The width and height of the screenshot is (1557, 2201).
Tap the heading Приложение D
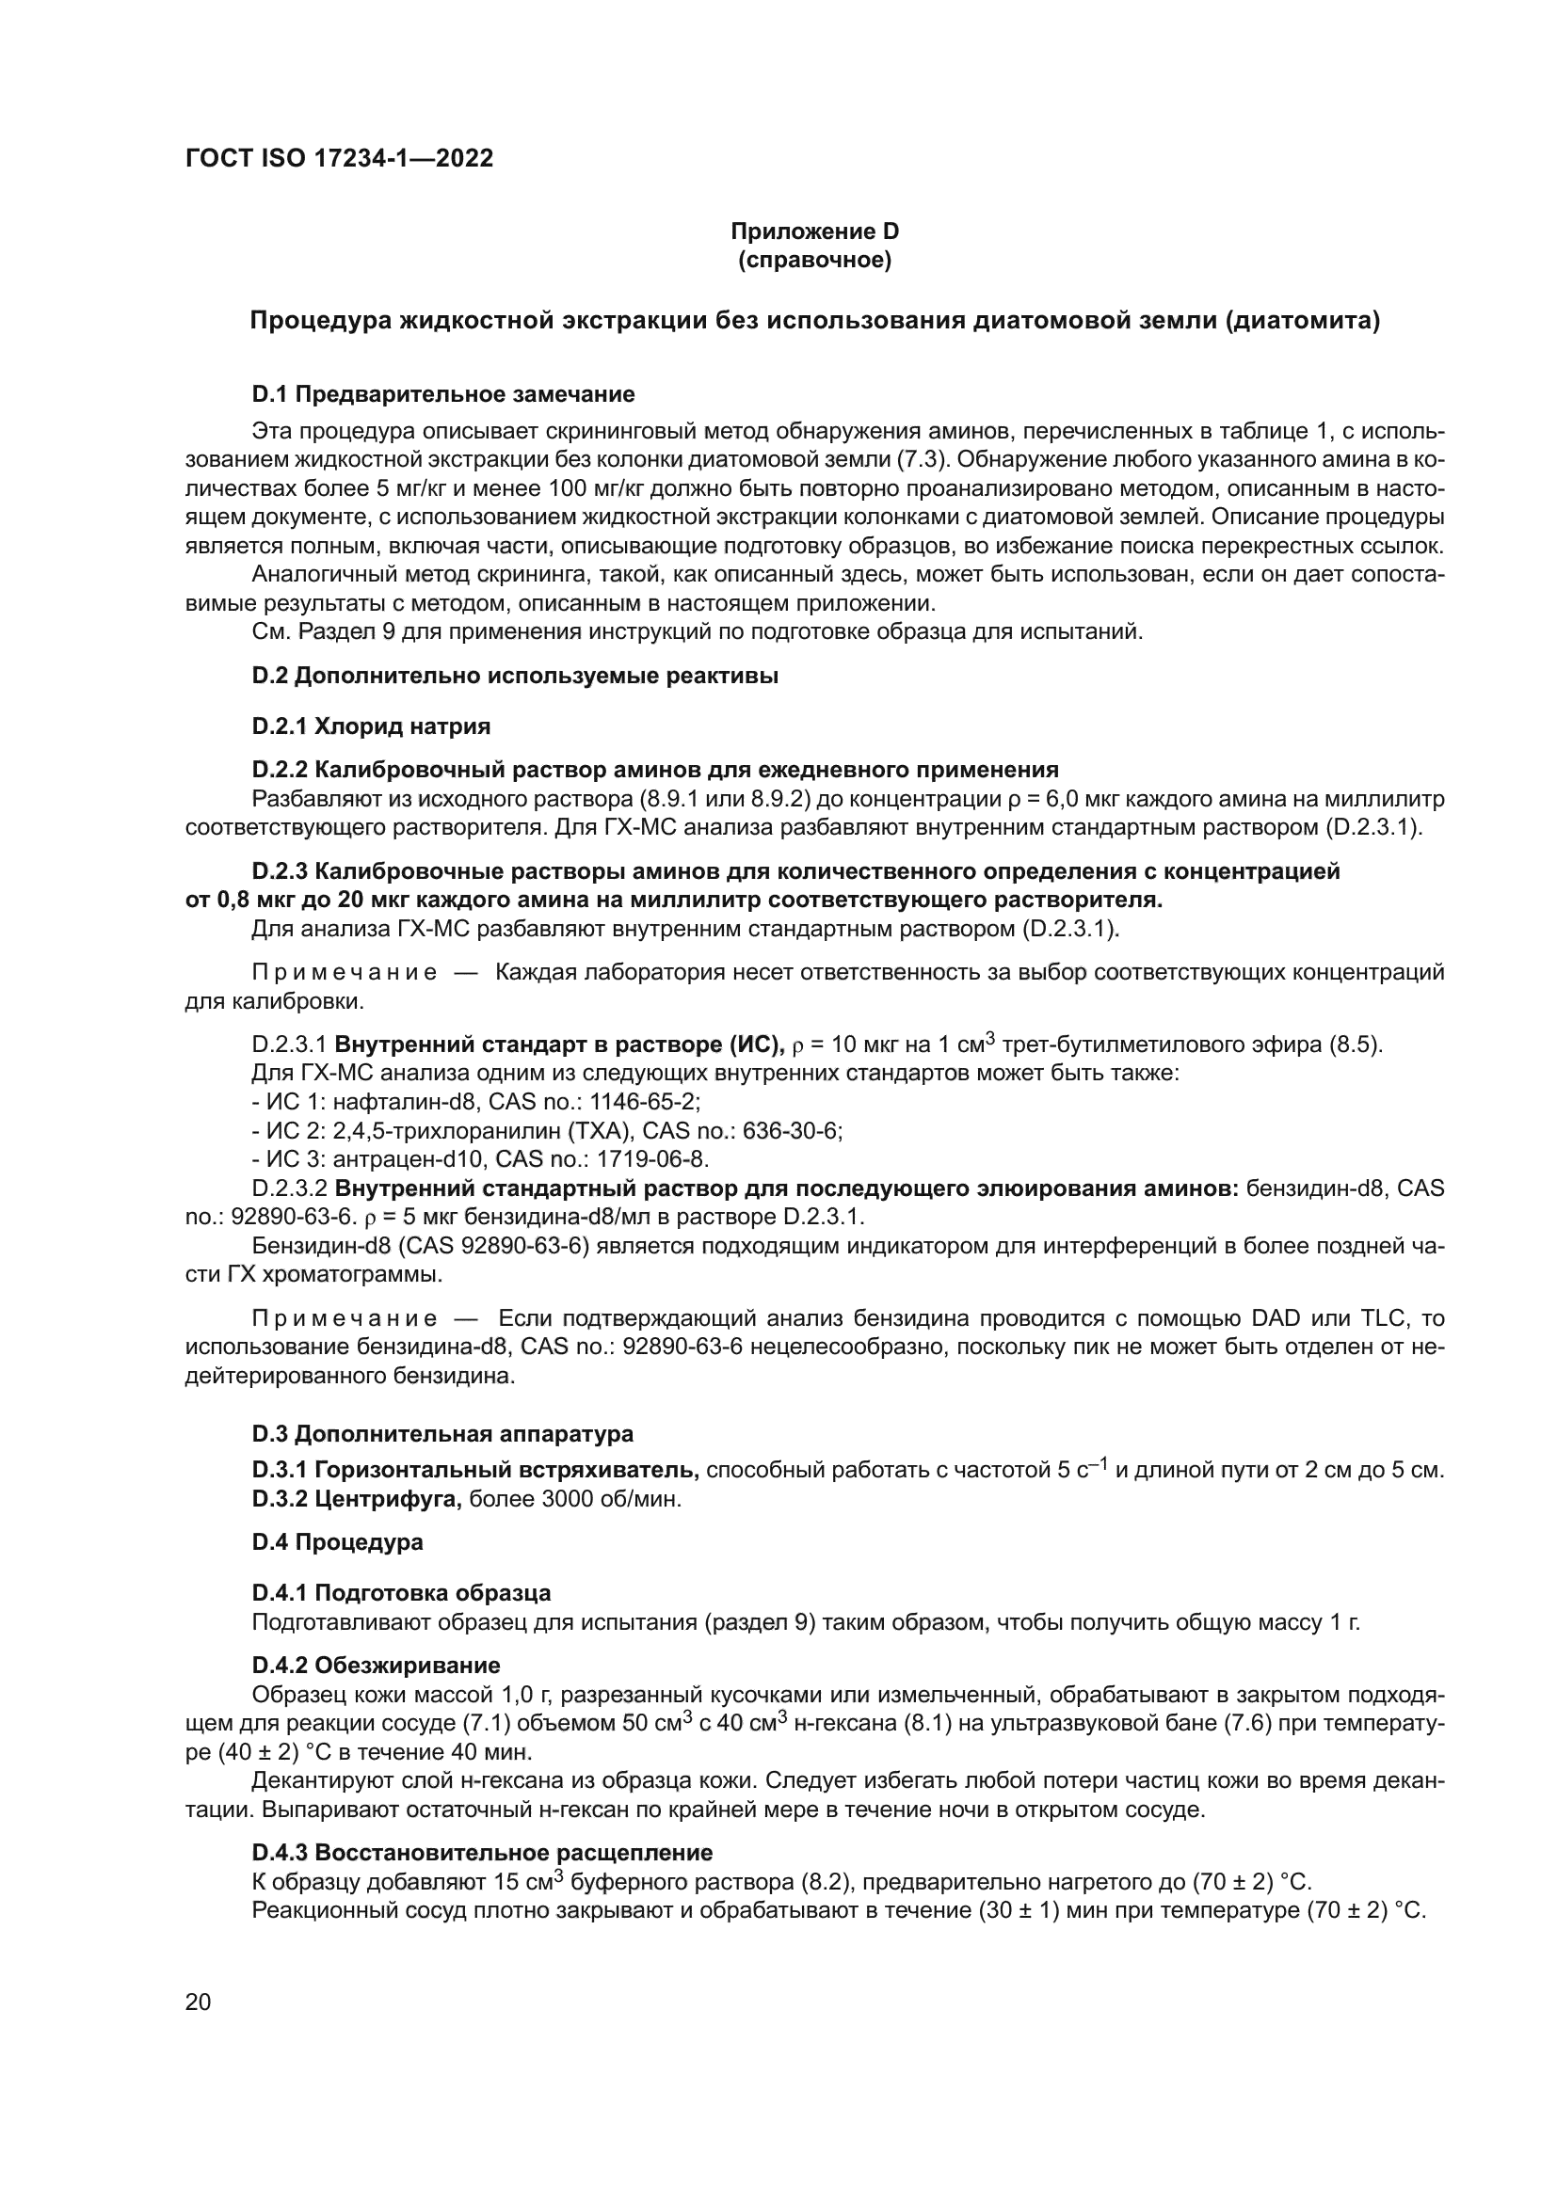[814, 231]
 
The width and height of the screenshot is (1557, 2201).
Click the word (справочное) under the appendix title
[814, 260]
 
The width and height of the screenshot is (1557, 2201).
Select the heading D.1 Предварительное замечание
[443, 394]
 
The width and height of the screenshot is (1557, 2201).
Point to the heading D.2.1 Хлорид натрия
[371, 726]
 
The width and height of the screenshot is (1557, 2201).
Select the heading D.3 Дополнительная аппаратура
[442, 1434]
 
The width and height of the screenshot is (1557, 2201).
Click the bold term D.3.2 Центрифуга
[357, 1499]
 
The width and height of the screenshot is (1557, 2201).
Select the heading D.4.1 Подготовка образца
[401, 1593]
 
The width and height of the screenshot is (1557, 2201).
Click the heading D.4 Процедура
[338, 1542]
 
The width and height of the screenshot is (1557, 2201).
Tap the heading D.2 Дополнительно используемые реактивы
[515, 676]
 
